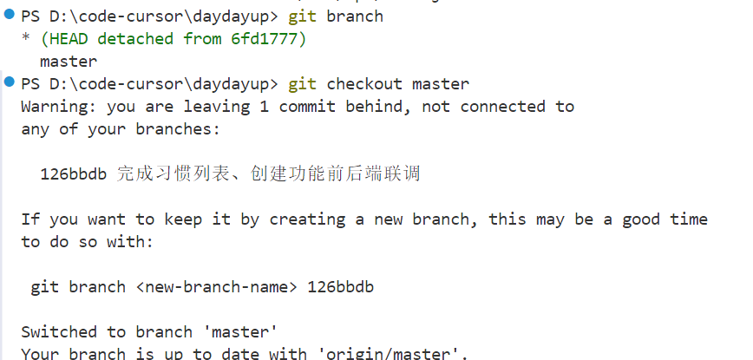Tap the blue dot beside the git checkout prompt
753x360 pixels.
[9, 82]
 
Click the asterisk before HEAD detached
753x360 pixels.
[26, 40]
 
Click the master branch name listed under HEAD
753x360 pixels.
[69, 62]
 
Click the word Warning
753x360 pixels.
[54, 107]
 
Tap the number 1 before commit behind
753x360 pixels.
[264, 107]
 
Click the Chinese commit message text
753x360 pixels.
[268, 173]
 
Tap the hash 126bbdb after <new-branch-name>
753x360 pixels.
[341, 287]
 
